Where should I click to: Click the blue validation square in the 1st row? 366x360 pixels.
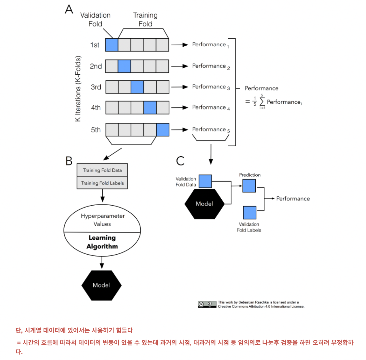pos(112,45)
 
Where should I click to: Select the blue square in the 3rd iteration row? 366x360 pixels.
pos(137,87)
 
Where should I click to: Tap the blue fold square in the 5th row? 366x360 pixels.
pos(163,130)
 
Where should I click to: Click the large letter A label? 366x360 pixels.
pos(69,10)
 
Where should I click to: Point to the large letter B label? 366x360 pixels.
pos(69,161)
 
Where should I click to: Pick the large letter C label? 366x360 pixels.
pos(180,161)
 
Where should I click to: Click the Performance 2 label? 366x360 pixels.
pos(211,66)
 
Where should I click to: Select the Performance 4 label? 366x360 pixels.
pos(211,108)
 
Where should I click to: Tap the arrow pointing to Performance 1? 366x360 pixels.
pos(180,45)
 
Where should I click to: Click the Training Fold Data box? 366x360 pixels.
pos(102,170)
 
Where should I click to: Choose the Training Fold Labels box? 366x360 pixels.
pos(102,183)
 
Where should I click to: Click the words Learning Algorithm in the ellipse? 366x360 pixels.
pos(102,242)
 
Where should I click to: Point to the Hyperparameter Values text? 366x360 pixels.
pos(103,220)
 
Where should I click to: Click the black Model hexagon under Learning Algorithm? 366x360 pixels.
pos(101,285)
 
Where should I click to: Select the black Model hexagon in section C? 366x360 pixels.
pos(204,204)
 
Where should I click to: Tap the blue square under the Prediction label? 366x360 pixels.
pos(249,186)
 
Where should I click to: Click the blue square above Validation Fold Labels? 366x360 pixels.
pos(250,213)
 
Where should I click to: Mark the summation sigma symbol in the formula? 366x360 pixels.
pos(262,102)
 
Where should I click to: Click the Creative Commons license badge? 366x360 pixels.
pos(207,304)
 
